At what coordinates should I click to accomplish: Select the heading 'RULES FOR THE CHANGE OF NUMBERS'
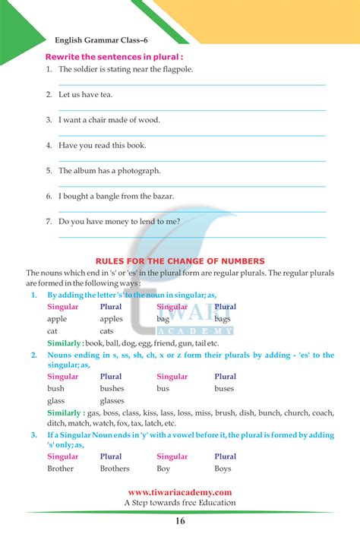point(179,261)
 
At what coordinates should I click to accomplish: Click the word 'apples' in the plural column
point(112,319)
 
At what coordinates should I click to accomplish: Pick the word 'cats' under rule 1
point(107,331)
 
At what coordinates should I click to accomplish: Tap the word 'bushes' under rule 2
point(113,388)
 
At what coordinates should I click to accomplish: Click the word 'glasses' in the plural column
point(112,400)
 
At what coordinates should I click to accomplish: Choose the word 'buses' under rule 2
point(224,388)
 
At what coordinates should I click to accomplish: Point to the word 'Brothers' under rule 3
point(115,469)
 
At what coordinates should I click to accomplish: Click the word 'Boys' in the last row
point(223,469)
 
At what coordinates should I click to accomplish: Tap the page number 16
point(179,521)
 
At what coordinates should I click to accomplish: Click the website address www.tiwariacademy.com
point(179,492)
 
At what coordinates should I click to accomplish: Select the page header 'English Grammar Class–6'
point(99,40)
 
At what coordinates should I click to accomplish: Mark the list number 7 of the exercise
point(48,222)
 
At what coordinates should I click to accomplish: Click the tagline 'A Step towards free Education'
point(179,503)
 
